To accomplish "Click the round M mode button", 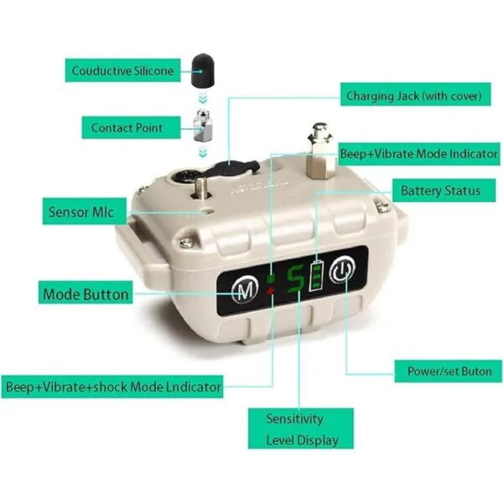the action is [246, 289].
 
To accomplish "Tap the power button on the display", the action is [343, 269].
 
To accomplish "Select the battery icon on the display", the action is [316, 276].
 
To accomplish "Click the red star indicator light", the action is [271, 291].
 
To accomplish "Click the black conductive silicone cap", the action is [203, 70].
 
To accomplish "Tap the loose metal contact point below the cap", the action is [202, 125].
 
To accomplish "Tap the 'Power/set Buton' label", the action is [449, 371].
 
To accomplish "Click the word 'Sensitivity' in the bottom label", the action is [294, 418].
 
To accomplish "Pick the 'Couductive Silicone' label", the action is [123, 70].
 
